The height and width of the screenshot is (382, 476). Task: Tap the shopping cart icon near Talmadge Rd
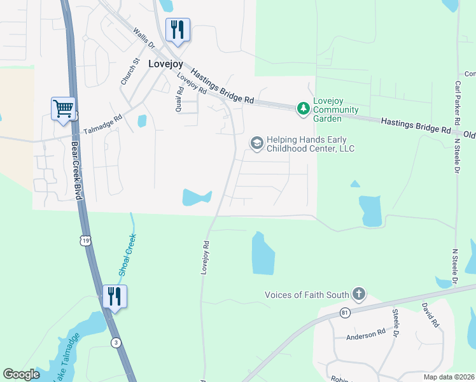coord(64,109)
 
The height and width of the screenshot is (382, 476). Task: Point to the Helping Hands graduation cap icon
coord(257,143)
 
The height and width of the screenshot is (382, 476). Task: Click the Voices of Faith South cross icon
coord(359,294)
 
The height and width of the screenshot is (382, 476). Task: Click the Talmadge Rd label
coord(102,125)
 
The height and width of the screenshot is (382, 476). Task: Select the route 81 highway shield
coord(346,313)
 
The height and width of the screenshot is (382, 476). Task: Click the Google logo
coord(22,374)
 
